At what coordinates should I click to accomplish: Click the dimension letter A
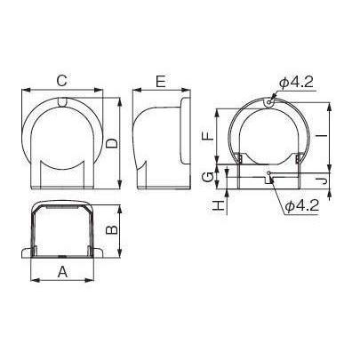click(x=62, y=271)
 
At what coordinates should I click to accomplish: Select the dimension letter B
click(x=112, y=230)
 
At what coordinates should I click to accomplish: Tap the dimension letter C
click(x=62, y=81)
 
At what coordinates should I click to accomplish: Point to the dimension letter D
click(x=112, y=143)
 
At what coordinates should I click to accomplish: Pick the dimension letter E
click(x=161, y=82)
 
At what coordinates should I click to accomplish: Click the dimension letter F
click(x=208, y=136)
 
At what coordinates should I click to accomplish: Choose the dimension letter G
click(x=208, y=177)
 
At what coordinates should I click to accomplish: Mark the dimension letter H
click(x=219, y=205)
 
